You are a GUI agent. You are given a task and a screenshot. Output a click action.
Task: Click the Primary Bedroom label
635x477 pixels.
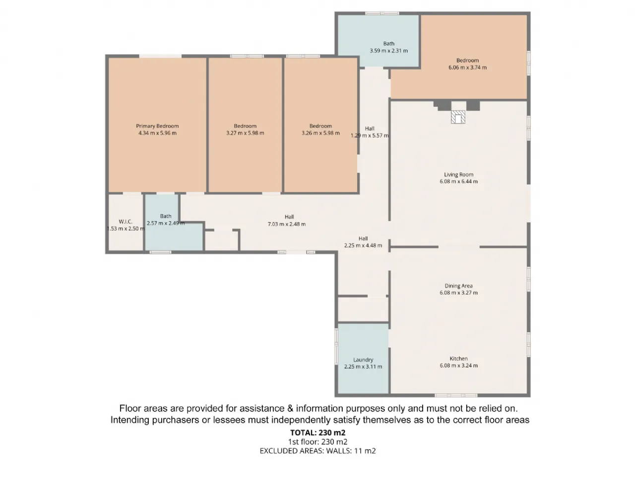click(157, 126)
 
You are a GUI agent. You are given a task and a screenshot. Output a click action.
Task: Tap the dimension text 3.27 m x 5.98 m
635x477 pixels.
click(245, 133)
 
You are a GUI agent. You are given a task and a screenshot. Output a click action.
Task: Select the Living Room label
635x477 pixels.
click(458, 174)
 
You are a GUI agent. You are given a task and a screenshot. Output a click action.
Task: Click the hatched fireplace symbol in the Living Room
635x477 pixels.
click(458, 117)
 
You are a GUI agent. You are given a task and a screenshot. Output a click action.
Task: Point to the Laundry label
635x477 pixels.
click(363, 359)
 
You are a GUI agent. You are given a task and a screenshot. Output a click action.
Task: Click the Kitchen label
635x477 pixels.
click(458, 358)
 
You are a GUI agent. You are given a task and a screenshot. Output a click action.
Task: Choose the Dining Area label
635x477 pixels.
click(458, 286)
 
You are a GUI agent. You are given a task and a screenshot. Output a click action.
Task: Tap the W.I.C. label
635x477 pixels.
click(126, 222)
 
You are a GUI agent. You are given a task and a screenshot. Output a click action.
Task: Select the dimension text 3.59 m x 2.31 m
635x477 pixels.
click(388, 51)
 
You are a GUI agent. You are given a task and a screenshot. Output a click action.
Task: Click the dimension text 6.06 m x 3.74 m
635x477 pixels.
click(467, 68)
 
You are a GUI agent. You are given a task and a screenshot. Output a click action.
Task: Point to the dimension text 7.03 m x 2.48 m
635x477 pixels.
click(286, 224)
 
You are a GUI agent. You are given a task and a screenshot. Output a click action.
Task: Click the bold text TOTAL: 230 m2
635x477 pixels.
click(317, 432)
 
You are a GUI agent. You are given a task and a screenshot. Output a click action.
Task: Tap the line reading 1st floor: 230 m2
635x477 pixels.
click(317, 442)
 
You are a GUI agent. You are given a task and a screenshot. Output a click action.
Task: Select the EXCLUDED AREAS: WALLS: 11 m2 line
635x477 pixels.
click(317, 451)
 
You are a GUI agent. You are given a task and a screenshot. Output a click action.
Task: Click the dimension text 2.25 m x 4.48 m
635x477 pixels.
click(363, 245)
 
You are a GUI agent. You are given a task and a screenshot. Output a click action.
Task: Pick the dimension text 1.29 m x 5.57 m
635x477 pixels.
click(370, 136)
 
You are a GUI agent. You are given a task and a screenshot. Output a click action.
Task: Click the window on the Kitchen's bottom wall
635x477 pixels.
click(456, 395)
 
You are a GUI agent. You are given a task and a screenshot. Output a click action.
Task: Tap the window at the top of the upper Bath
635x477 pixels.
click(382, 13)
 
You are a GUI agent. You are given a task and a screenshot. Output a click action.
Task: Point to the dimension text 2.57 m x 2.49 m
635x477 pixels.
click(166, 223)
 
